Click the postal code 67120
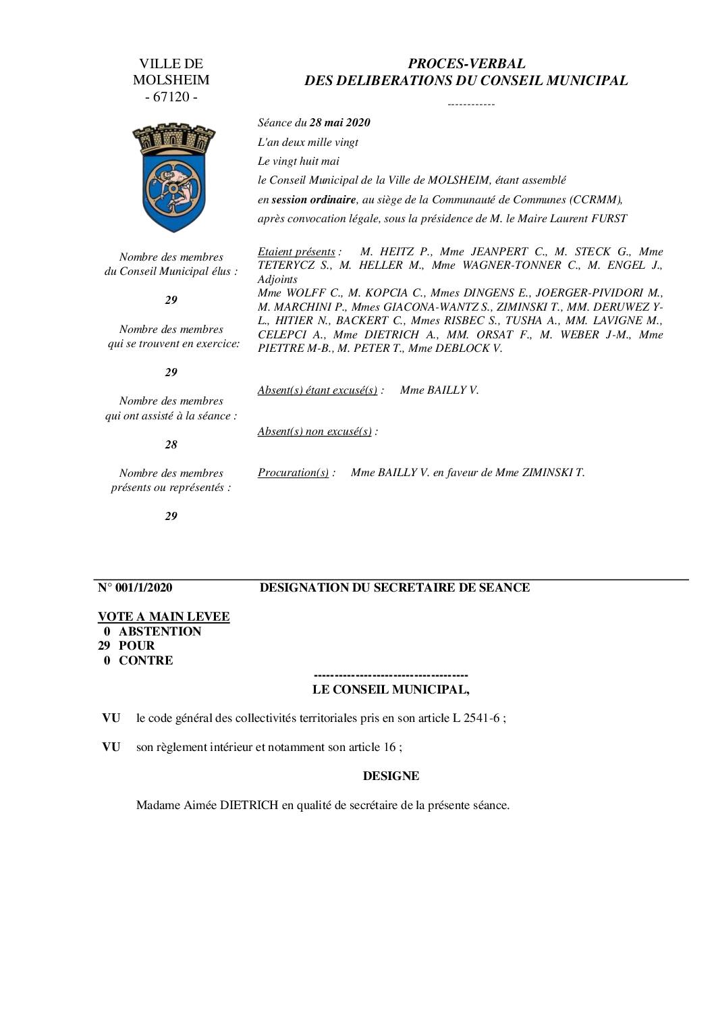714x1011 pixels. tap(171, 97)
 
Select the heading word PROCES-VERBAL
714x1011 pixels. tap(466, 63)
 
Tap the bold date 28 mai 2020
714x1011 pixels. tap(339, 122)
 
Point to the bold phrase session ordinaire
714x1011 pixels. tap(313, 199)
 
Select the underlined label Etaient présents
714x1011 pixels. tap(296, 251)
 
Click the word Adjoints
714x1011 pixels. tap(277, 279)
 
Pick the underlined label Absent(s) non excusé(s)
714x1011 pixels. tap(314, 431)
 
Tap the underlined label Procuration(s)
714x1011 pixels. tap(293, 472)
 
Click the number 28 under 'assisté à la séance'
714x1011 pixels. tap(171, 444)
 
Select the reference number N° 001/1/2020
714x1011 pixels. tap(135, 588)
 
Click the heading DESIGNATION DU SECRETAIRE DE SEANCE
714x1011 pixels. tap(395, 588)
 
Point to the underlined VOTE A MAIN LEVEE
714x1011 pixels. tap(163, 617)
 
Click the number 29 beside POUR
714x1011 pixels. tap(103, 646)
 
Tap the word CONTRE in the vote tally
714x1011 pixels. tap(146, 660)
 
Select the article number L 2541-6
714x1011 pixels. tap(476, 718)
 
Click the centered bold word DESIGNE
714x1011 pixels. tap(391, 776)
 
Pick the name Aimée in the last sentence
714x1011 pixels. tap(200, 805)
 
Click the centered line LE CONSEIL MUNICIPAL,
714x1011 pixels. tap(391, 690)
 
